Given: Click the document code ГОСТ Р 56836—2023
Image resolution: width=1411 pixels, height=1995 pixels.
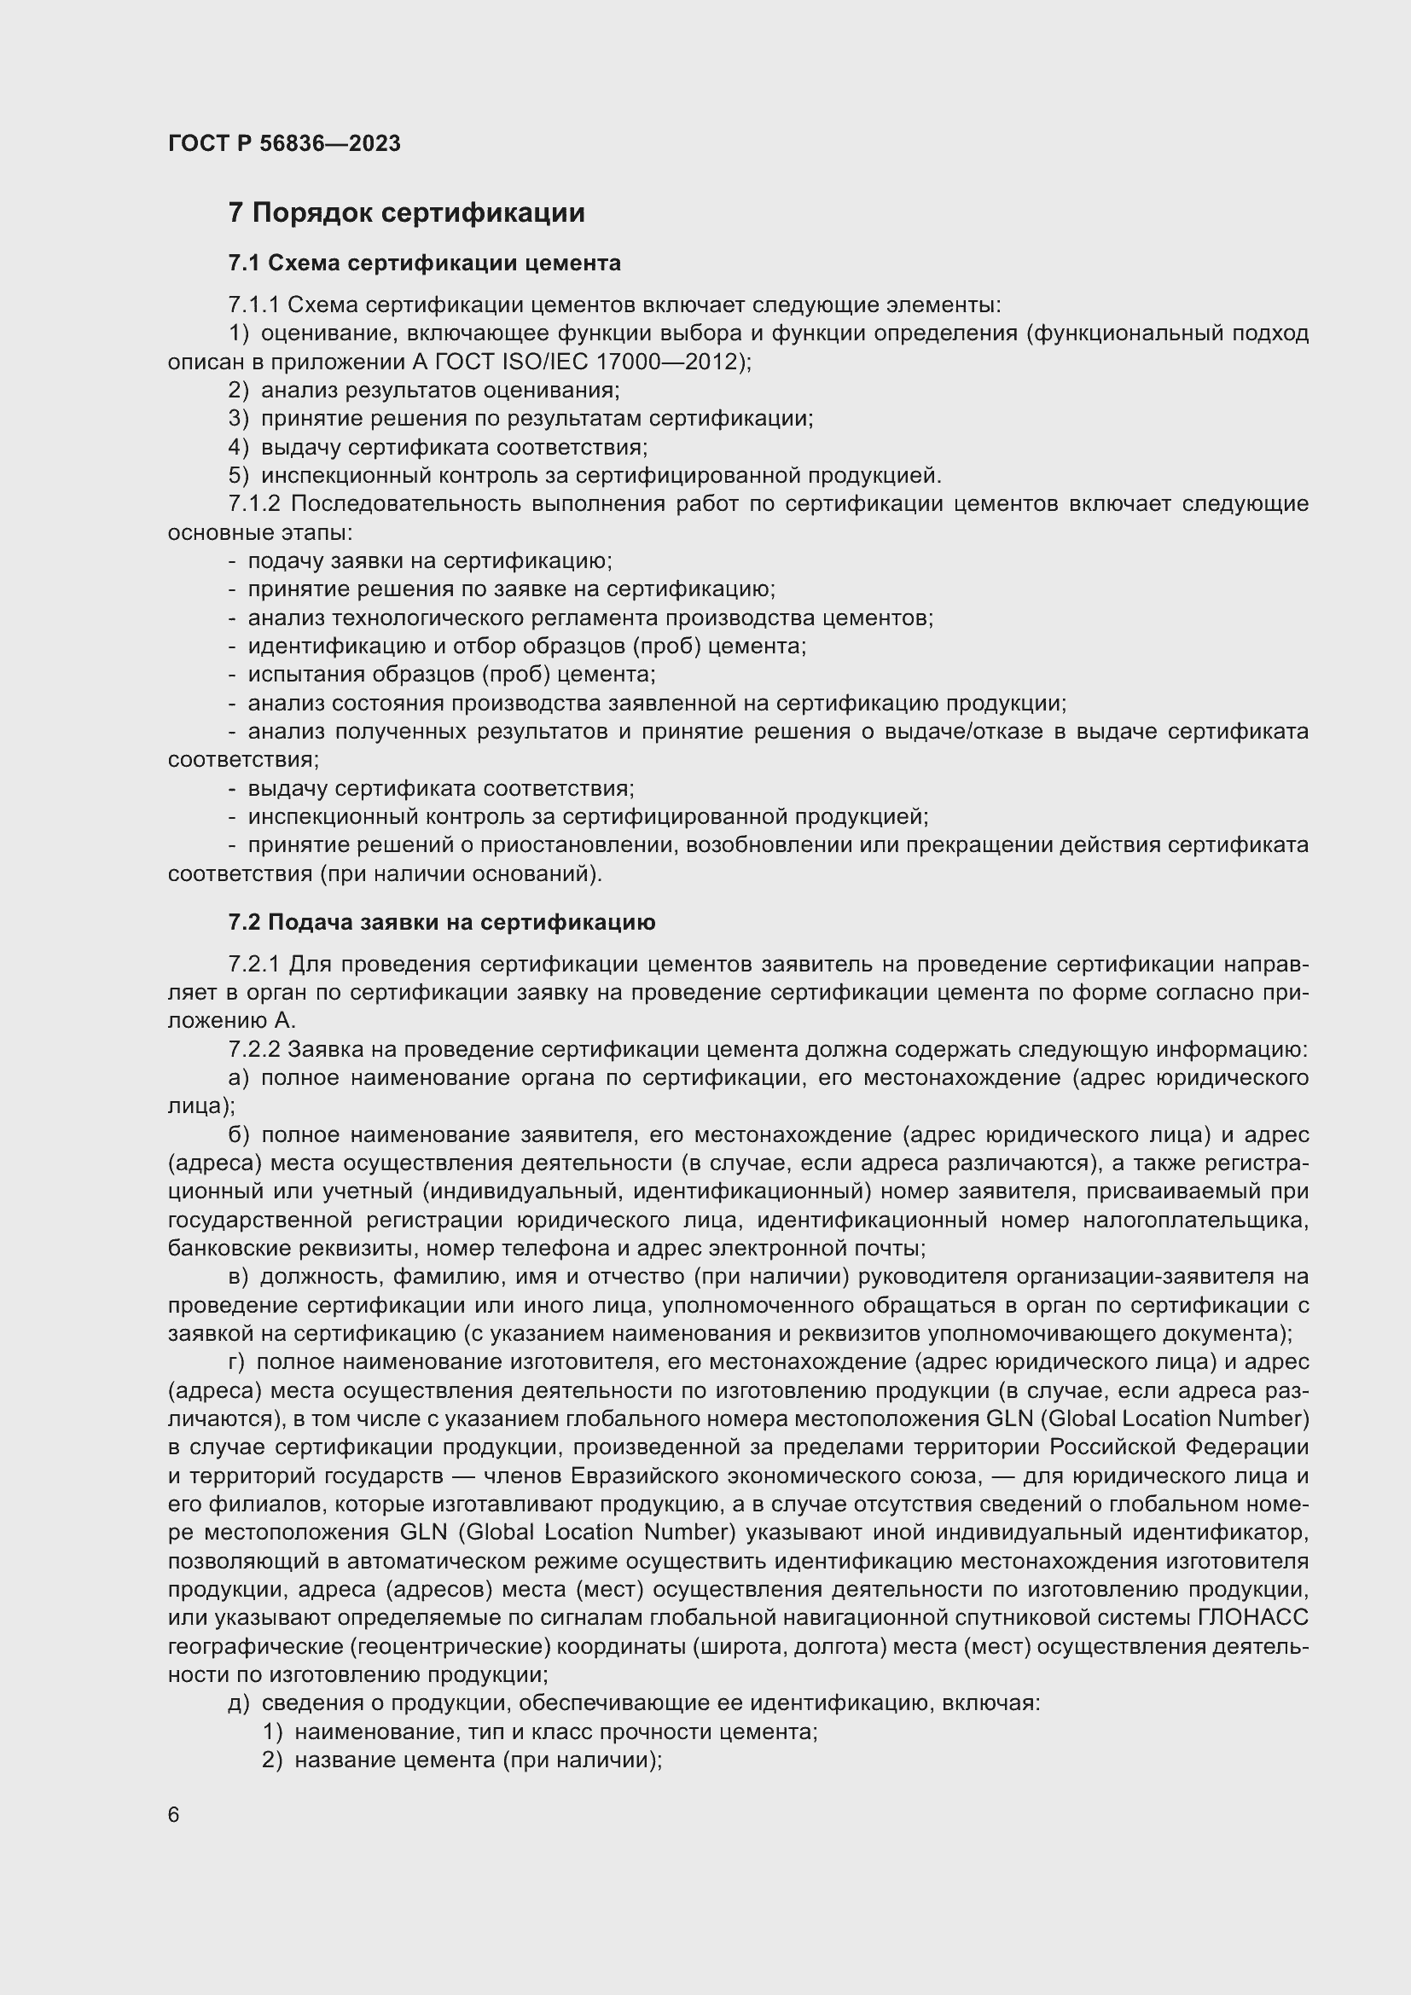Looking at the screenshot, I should pos(284,143).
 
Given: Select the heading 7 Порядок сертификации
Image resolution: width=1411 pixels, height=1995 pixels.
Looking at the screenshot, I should pos(406,213).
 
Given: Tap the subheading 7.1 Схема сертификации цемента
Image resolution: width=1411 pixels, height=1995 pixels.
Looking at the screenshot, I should pos(424,263).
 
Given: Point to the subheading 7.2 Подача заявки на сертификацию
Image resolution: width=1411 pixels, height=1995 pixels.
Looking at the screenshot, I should pos(441,922).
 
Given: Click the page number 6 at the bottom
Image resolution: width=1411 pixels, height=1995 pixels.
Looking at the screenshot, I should pos(174,1815).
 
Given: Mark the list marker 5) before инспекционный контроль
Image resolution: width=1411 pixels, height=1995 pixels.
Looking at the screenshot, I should pos(238,476).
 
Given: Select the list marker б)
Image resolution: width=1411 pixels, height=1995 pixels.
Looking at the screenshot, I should pos(238,1134).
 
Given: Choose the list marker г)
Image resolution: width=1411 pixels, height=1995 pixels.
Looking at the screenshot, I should pos(237,1362).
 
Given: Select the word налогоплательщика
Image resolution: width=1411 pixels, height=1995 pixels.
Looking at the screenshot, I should pos(1194,1220).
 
